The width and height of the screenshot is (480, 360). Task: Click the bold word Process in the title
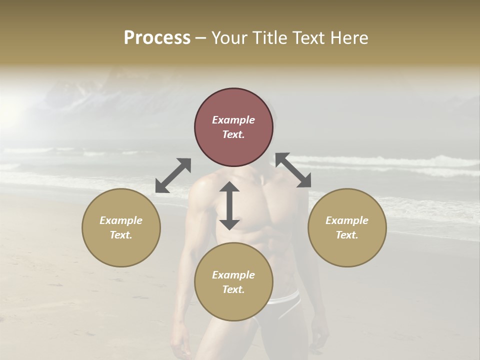coord(157,38)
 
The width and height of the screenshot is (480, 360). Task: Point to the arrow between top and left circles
coord(173,175)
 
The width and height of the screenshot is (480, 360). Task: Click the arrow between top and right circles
coord(293,170)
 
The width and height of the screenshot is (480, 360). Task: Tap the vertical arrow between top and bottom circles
coord(229,205)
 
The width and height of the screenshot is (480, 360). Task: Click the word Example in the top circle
coord(233,120)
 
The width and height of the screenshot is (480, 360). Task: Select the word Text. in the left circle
coord(121,235)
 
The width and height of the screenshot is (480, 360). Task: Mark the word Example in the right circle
coord(347,220)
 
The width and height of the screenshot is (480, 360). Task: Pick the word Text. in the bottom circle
coord(233,289)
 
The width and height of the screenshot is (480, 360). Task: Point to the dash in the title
coord(201,38)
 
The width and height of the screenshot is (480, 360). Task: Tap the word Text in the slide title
coord(306,38)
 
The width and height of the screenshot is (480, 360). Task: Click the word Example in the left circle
coord(121,220)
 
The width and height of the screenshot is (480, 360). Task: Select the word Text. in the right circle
coord(347,235)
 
